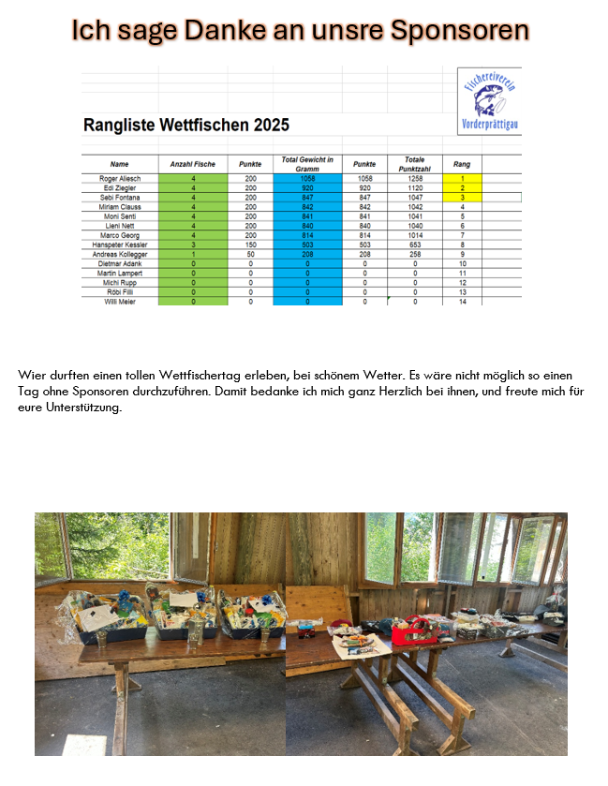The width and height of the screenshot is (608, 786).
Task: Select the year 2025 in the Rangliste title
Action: (270, 125)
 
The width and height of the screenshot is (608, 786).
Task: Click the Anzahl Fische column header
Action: (192, 164)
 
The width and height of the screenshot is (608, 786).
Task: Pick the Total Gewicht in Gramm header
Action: (307, 164)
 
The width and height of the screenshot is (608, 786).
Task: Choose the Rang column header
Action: (462, 164)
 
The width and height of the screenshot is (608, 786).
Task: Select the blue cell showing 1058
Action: (307, 178)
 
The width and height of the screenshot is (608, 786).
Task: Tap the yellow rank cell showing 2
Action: (462, 187)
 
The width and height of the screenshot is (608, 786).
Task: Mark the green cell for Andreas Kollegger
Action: (192, 254)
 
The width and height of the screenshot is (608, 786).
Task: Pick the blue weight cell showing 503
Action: (307, 245)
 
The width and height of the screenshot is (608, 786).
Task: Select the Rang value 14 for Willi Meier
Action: (462, 301)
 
